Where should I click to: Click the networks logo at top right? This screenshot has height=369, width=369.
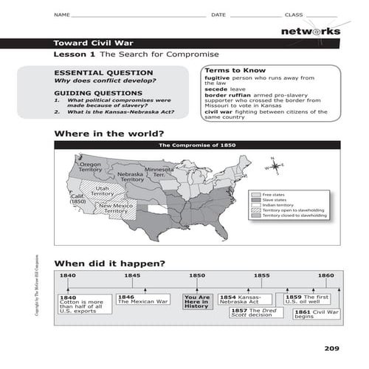pyautogui.click(x=311, y=32)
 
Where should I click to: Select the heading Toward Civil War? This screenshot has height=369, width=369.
pyautogui.click(x=93, y=42)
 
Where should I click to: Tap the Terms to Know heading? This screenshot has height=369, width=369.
pyautogui.click(x=228, y=69)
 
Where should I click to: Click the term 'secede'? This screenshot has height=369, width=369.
pyautogui.click(x=216, y=89)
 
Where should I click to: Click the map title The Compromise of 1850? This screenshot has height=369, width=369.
pyautogui.click(x=197, y=145)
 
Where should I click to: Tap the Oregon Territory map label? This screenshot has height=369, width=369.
pyautogui.click(x=90, y=168)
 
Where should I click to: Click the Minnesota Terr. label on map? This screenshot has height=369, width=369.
pyautogui.click(x=158, y=171)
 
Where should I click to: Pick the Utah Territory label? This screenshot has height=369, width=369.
pyautogui.click(x=103, y=190)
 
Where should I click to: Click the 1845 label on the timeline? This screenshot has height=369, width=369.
pyautogui.click(x=132, y=275)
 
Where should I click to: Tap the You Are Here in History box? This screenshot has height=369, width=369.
pyautogui.click(x=197, y=301)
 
